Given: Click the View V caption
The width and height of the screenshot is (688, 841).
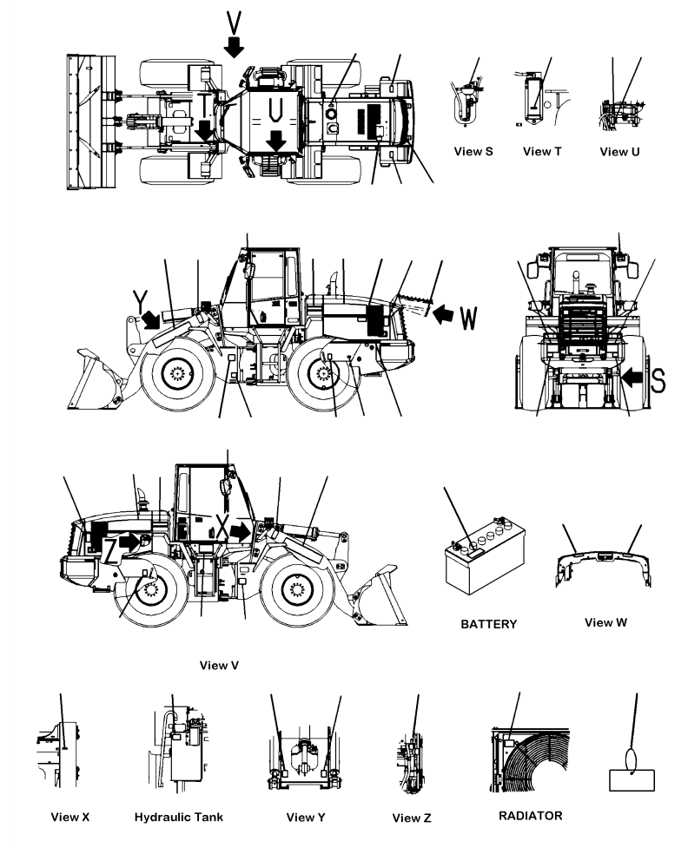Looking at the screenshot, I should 219,665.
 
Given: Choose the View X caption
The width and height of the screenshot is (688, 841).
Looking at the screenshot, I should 62,817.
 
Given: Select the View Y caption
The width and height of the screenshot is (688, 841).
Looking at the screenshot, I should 305,817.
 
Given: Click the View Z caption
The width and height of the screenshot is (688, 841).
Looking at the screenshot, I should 412,818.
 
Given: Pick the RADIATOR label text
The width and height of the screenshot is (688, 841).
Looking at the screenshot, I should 526,816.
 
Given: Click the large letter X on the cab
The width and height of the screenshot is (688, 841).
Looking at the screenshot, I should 222,528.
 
